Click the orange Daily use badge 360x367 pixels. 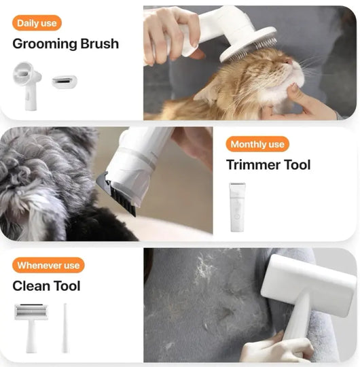[x=37, y=23]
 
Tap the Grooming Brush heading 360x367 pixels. [x=65, y=44]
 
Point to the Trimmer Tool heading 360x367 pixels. [x=268, y=165]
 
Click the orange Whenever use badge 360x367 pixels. [x=48, y=265]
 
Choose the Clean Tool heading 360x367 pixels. [x=46, y=286]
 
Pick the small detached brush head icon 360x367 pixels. [x=65, y=82]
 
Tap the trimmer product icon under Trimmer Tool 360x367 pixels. [x=236, y=207]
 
